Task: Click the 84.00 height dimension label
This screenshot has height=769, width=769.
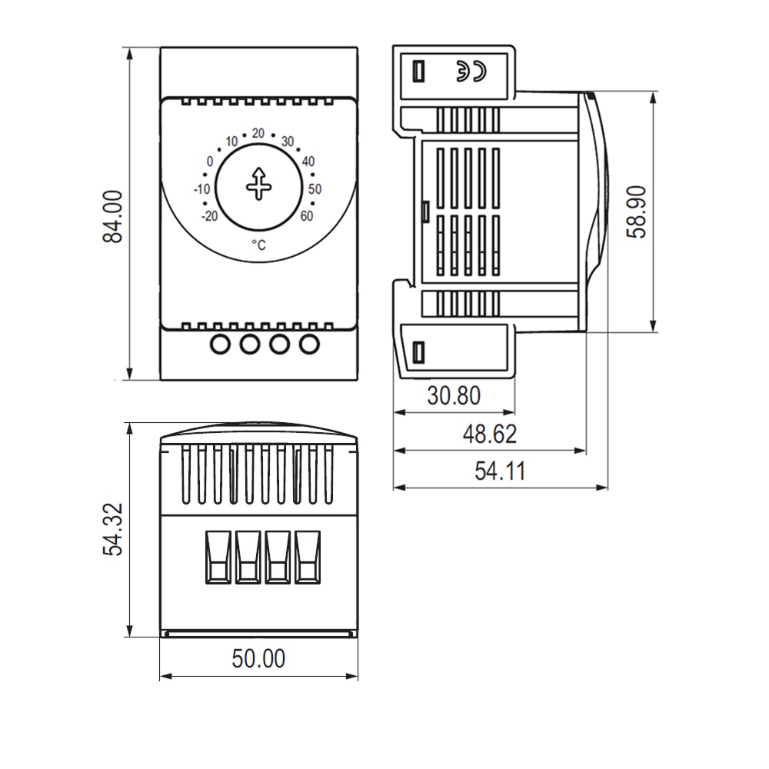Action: point(113,218)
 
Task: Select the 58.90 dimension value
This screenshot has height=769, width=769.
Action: point(637,213)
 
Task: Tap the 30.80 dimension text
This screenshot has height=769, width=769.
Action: point(454,396)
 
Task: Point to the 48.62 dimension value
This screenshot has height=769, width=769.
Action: point(489,434)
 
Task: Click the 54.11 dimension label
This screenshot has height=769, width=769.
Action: point(499,471)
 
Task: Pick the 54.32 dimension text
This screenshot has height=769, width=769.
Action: point(114,530)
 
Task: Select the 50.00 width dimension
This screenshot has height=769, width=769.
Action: point(258,659)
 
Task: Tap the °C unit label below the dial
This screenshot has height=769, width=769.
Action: point(258,245)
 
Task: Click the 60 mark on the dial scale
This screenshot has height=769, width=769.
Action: point(306,215)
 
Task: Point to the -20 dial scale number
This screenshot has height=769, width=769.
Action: point(208,216)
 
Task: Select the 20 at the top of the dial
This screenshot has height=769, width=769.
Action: point(258,133)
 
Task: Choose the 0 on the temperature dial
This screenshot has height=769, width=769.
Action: point(209,161)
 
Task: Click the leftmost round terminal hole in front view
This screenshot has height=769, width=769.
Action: point(220,343)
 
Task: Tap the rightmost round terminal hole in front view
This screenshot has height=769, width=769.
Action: point(308,343)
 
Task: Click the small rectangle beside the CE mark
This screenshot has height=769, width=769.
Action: point(419,71)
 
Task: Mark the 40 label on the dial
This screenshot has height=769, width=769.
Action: point(308,161)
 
